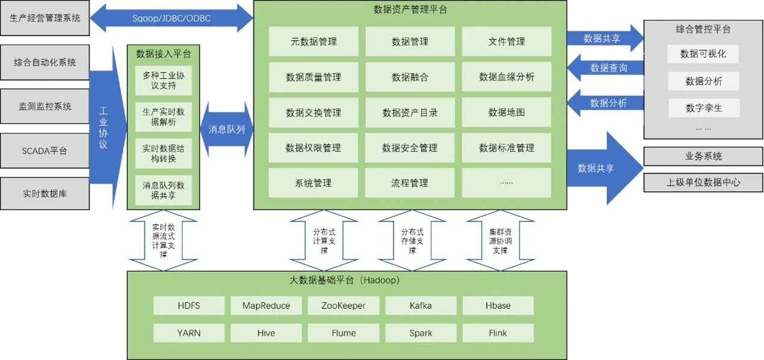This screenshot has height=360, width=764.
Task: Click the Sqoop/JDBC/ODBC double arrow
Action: coord(171,18)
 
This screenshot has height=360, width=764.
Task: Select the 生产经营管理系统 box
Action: coord(45,18)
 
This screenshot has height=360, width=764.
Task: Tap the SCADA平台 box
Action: coord(45,151)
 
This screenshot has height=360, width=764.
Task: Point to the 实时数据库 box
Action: coord(45,194)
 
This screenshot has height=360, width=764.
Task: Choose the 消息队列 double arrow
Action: coord(226,129)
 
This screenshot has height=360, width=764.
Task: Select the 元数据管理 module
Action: coord(313,42)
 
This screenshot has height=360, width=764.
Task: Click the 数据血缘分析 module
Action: coord(506,76)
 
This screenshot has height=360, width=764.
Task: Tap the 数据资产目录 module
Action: coord(410,112)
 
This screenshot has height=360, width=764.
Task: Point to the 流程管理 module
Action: coord(410,183)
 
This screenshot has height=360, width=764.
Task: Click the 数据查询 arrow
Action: coord(604,68)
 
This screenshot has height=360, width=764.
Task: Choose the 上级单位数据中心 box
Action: coord(703,182)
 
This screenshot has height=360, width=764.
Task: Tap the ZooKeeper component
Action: coord(344,305)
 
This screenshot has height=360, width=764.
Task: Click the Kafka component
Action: coord(421,305)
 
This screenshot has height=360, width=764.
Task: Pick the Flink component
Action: coord(498,333)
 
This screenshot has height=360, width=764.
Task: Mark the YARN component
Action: coord(189,333)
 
